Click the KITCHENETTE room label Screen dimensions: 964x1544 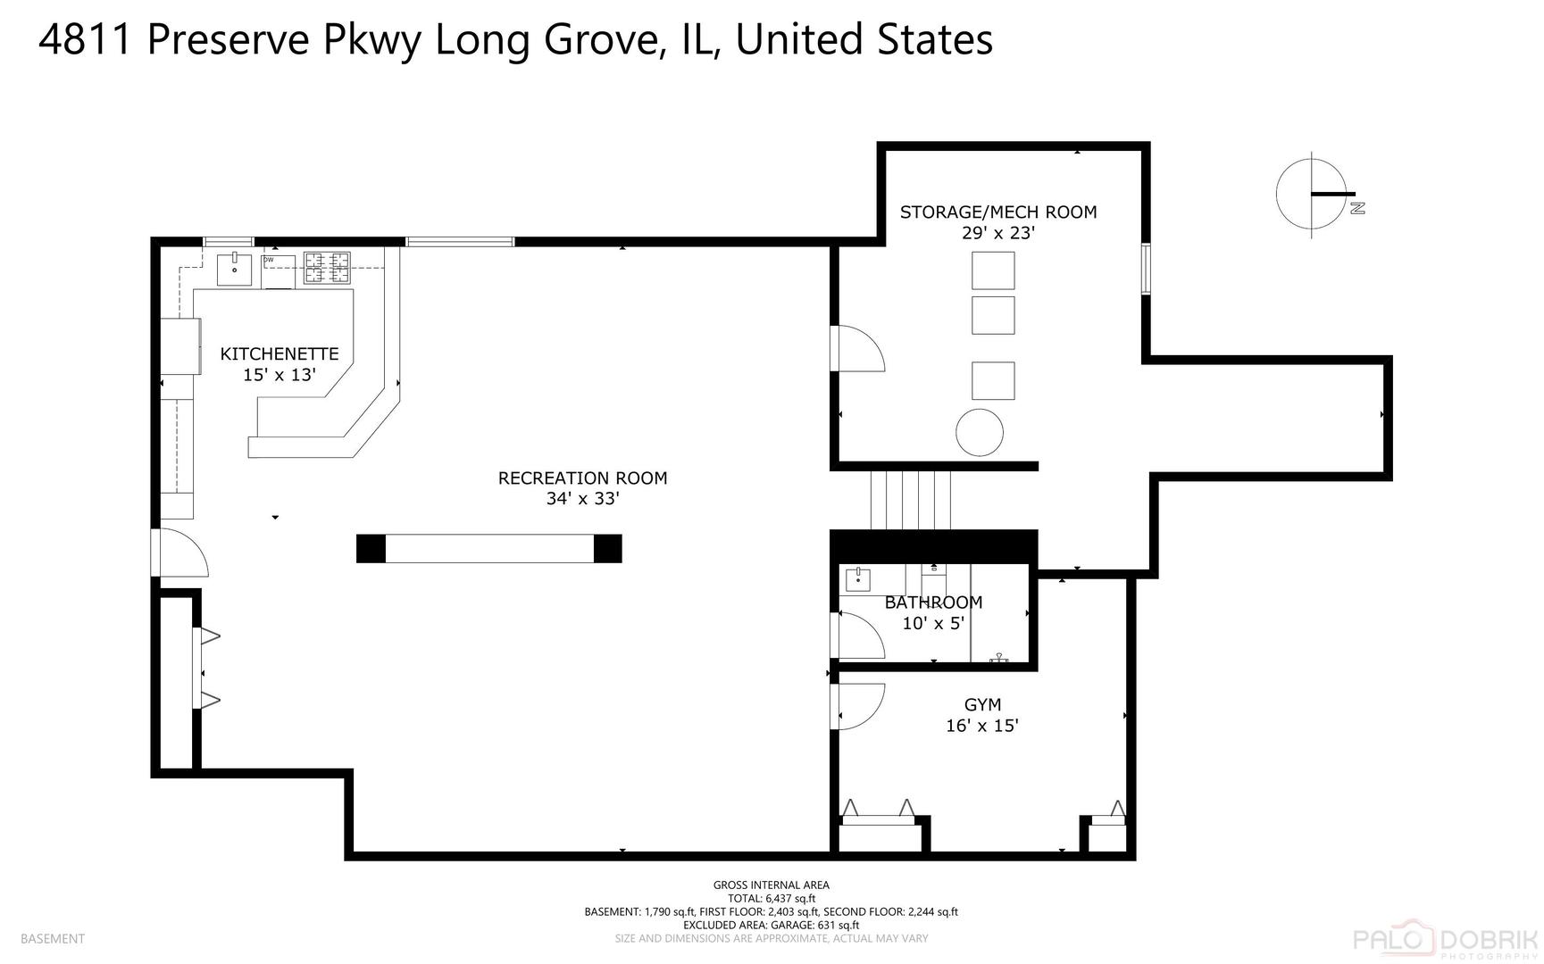280,354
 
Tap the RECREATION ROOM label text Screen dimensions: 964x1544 582,478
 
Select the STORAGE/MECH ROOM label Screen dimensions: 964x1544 997,212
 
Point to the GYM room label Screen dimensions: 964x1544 982,704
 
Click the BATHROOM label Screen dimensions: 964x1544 933,602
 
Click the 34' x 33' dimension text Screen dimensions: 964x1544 582,499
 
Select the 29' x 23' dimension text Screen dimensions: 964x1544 997,233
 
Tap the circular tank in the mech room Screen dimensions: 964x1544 980,433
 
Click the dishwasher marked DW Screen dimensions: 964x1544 278,271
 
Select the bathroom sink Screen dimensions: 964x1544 858,579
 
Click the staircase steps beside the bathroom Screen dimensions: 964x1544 911,500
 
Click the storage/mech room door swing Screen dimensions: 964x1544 857,348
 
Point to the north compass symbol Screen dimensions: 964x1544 1313,194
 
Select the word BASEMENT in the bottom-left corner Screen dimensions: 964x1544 52,938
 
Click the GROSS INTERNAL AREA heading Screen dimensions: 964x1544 771,885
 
